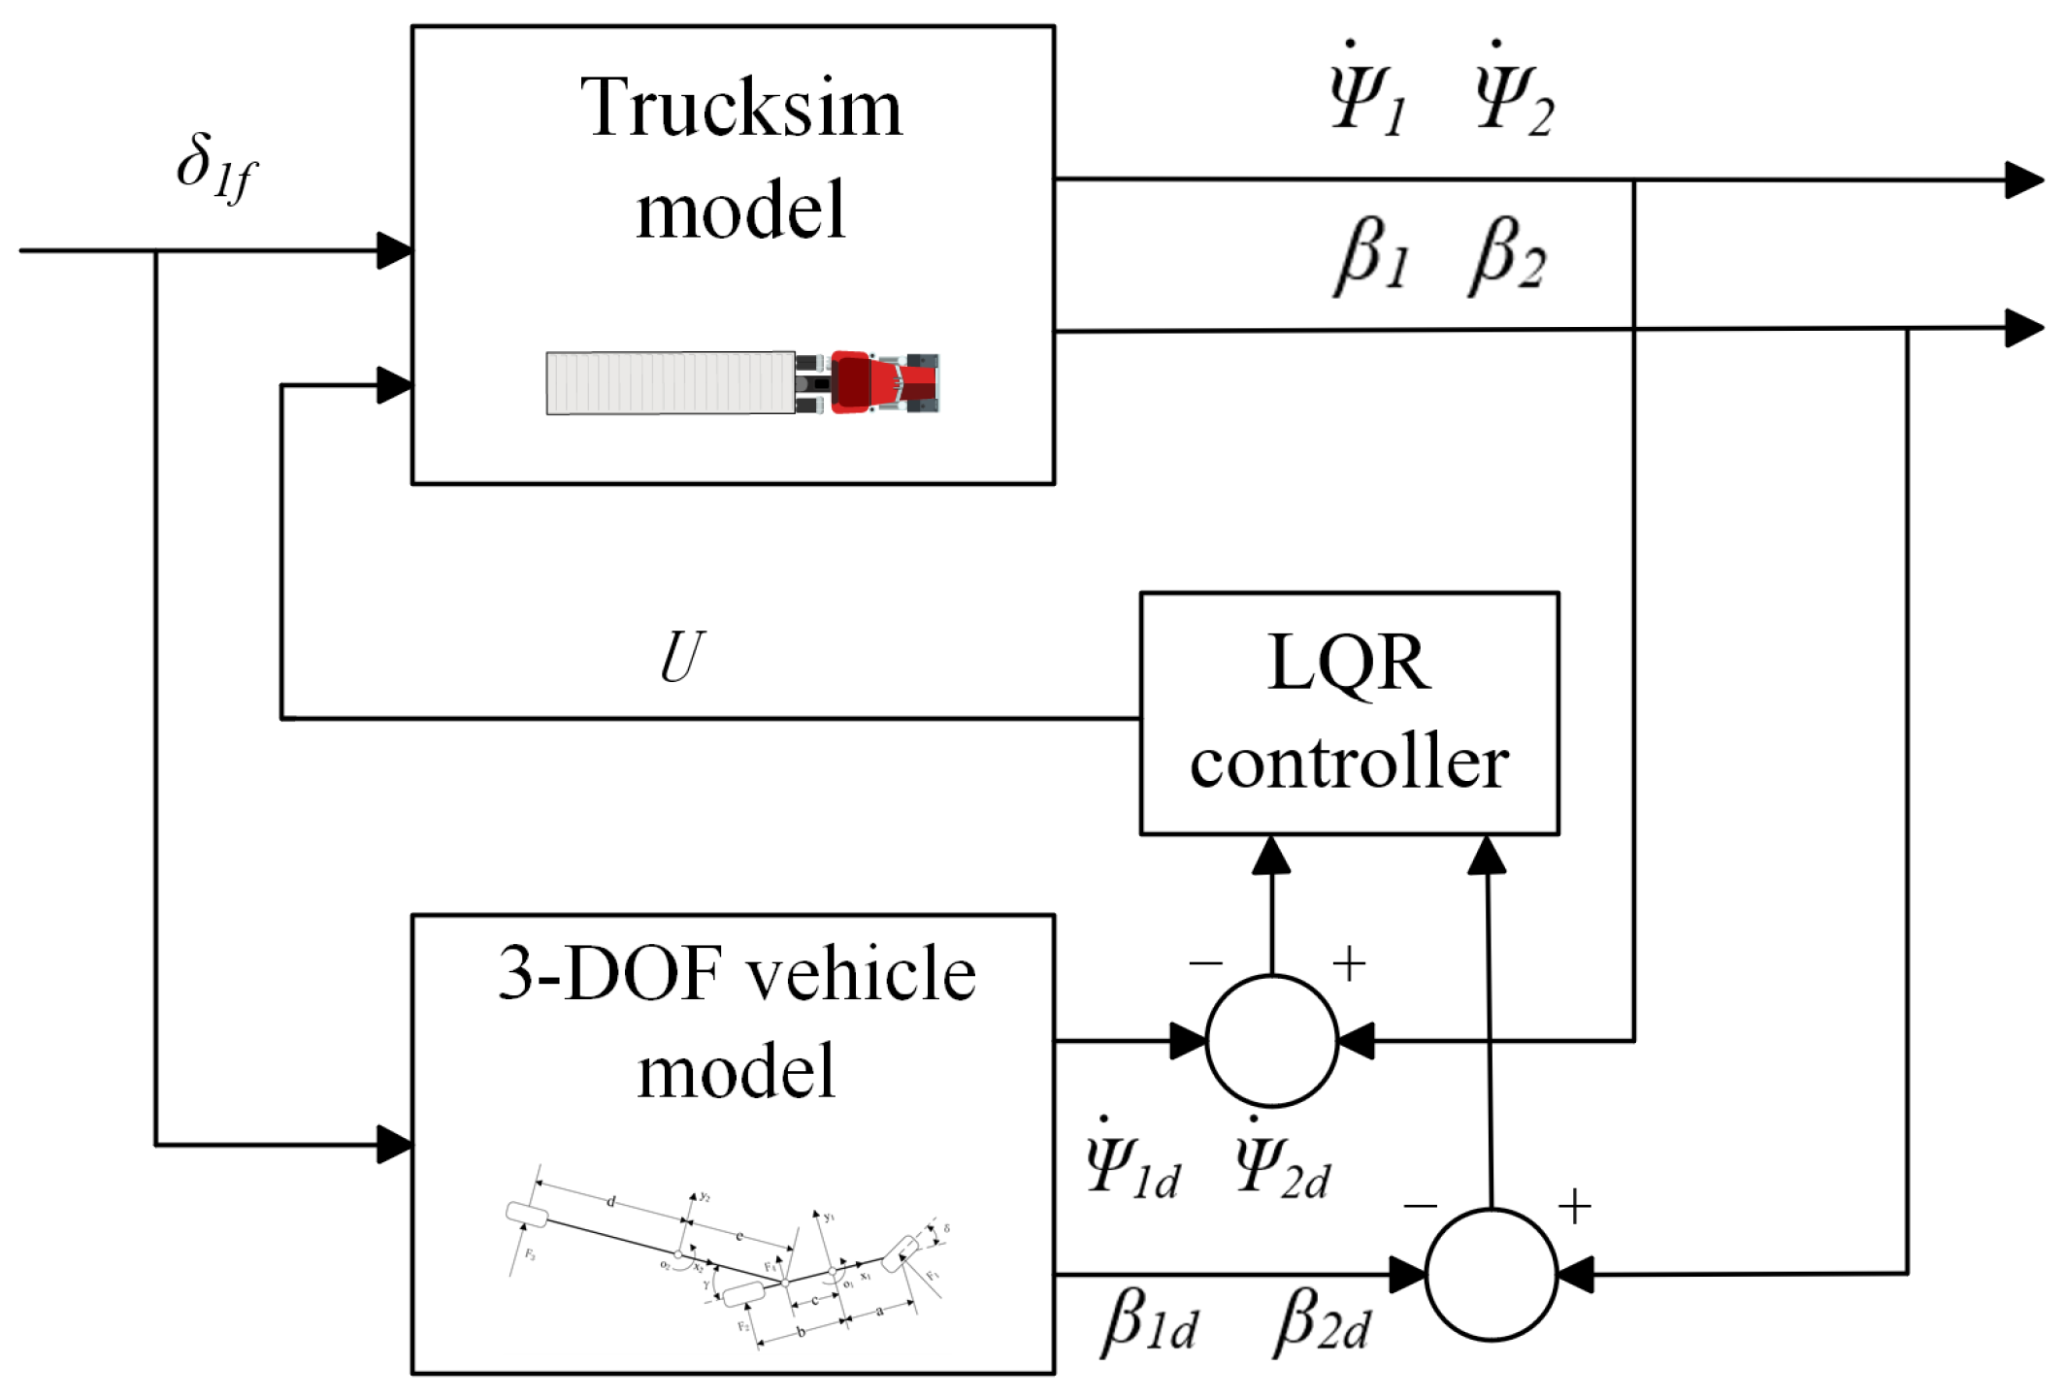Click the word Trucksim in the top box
[741, 108]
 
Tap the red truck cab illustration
[878, 382]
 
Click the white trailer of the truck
[670, 382]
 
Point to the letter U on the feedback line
[681, 659]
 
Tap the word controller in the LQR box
[1349, 763]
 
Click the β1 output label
[1372, 256]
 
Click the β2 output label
[1507, 256]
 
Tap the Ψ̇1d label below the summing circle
[1132, 1164]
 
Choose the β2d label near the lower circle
[1322, 1321]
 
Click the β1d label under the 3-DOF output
[1150, 1321]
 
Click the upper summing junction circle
[1271, 1041]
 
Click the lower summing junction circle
[1491, 1275]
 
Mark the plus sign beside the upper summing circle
[1349, 964]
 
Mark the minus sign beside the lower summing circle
[1420, 1206]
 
